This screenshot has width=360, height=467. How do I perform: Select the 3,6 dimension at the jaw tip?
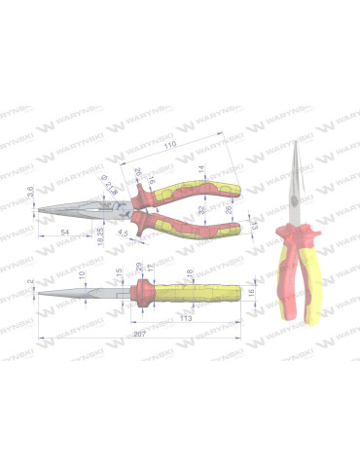(31, 196)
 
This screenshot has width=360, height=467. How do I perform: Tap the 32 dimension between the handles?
(201, 209)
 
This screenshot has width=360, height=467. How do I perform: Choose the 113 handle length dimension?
(185, 316)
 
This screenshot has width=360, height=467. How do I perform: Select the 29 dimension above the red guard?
(140, 266)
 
